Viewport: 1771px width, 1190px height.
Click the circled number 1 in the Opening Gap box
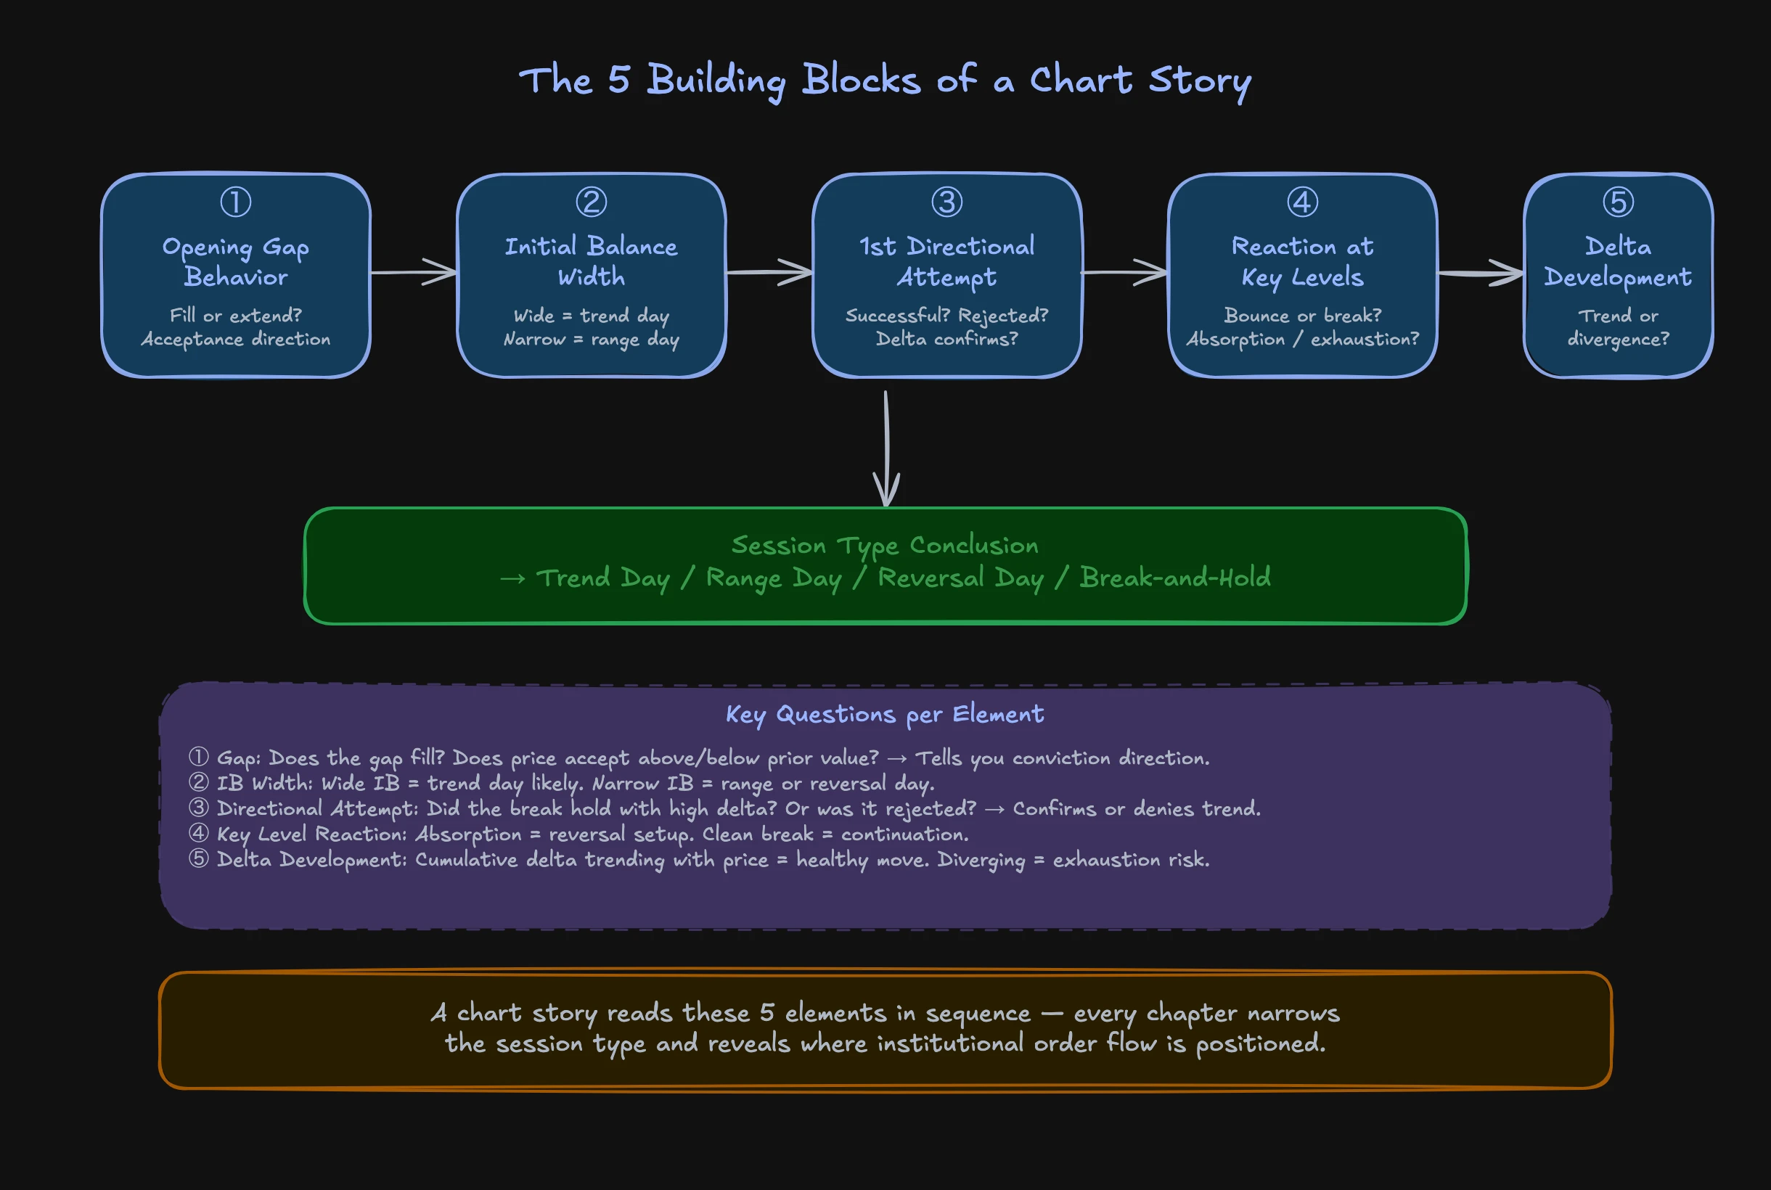click(x=235, y=202)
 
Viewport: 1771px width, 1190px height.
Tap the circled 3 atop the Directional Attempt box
click(x=946, y=202)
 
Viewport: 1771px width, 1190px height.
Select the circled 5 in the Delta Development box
click(x=1618, y=202)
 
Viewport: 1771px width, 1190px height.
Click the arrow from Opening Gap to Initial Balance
click(x=414, y=271)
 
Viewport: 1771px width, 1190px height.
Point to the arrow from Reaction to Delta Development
click(x=1480, y=274)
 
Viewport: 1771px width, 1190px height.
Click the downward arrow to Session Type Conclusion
click(x=886, y=448)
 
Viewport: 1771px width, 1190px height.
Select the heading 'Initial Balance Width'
click(x=591, y=261)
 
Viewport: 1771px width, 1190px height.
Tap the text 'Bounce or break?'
click(x=1302, y=316)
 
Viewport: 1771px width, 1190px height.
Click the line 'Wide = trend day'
click(x=591, y=316)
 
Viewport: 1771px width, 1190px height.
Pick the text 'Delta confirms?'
click(x=946, y=340)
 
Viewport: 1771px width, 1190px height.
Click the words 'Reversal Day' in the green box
click(x=960, y=578)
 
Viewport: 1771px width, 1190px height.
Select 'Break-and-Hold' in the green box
click(x=1174, y=578)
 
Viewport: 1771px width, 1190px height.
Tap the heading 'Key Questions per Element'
click(x=884, y=714)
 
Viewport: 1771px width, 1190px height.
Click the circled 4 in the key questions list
click(x=198, y=833)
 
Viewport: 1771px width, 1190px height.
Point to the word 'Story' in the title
click(x=1199, y=81)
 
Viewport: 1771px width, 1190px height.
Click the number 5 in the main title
click(x=618, y=80)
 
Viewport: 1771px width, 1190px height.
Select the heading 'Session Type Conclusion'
click(x=884, y=545)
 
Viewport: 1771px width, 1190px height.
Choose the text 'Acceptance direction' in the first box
click(x=235, y=340)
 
